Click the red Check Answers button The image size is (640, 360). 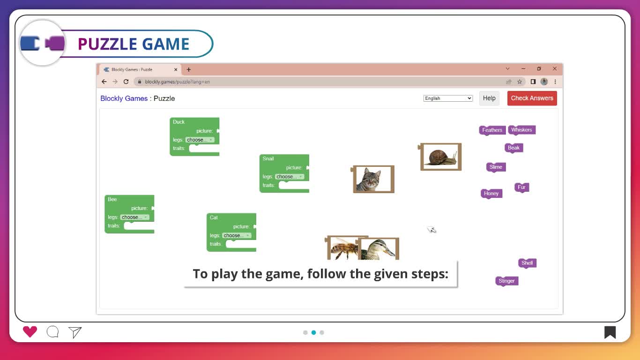point(532,98)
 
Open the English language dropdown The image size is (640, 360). point(448,98)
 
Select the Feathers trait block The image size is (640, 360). point(492,130)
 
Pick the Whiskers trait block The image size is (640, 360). point(521,130)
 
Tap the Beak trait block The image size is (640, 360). point(513,148)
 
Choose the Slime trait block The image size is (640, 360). point(496,167)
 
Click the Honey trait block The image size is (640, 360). point(491,194)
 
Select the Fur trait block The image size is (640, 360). point(521,187)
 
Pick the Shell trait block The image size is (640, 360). point(527,263)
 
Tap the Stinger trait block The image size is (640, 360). point(506,281)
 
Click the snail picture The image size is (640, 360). point(441,157)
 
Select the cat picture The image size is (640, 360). point(373,179)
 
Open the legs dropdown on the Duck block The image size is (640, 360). point(200,140)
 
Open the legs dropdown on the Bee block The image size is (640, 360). point(134,217)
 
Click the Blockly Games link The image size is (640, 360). point(124,98)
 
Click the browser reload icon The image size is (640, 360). point(126,82)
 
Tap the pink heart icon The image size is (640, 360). point(30,332)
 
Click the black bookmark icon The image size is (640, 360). point(610,332)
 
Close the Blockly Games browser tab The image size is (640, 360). point(176,69)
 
